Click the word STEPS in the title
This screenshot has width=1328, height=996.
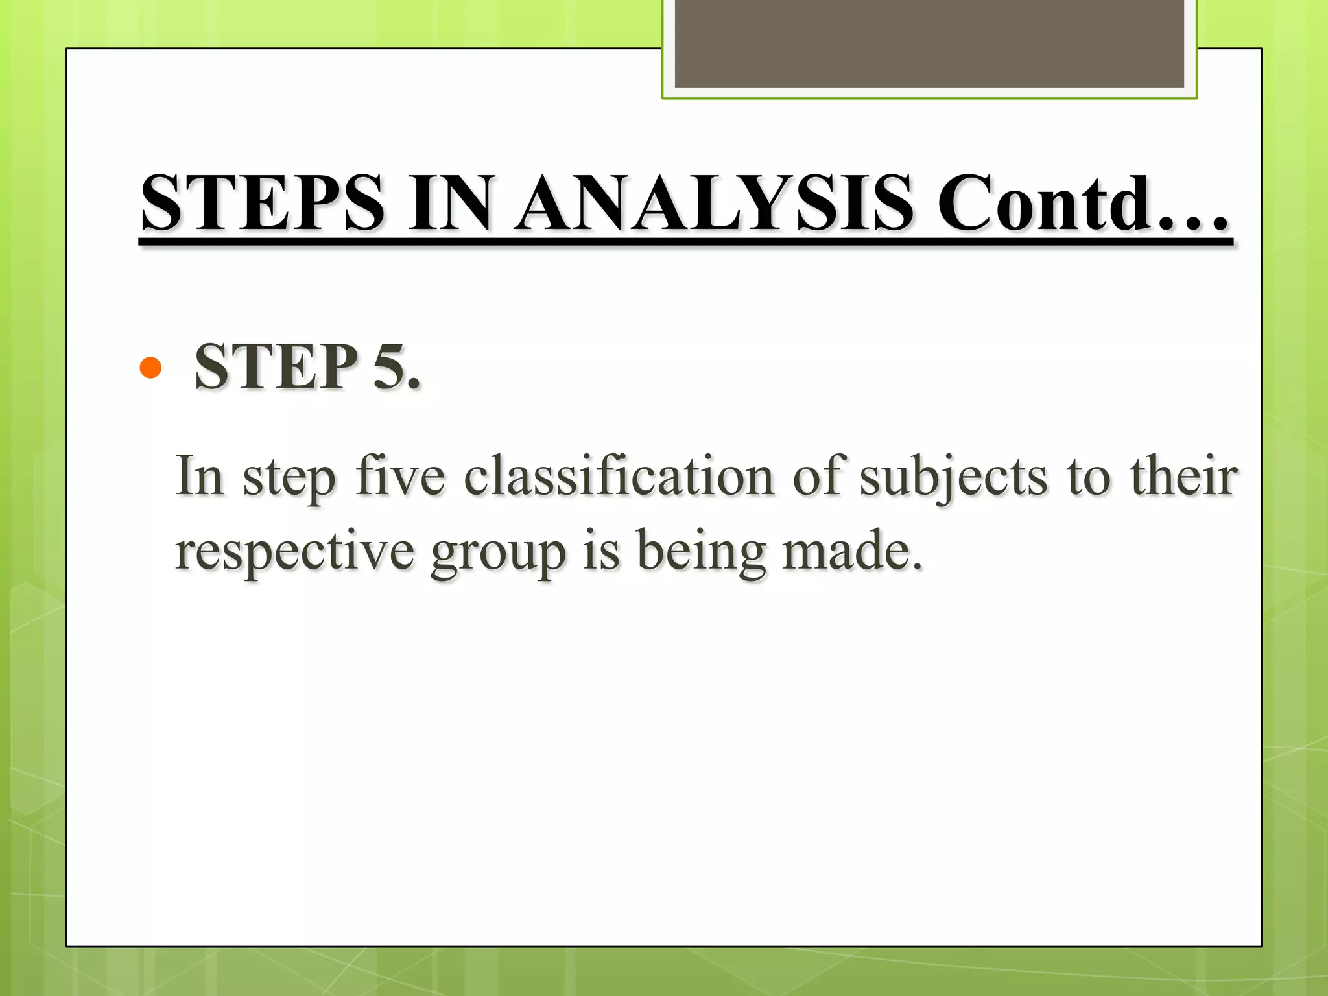263,202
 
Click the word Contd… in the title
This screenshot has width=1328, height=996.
1083,202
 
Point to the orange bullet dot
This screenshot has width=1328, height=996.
150,368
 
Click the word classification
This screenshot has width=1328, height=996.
619,476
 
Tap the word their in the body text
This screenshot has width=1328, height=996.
1183,476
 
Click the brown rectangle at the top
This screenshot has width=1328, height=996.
929,43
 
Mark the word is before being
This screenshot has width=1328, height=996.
601,551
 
